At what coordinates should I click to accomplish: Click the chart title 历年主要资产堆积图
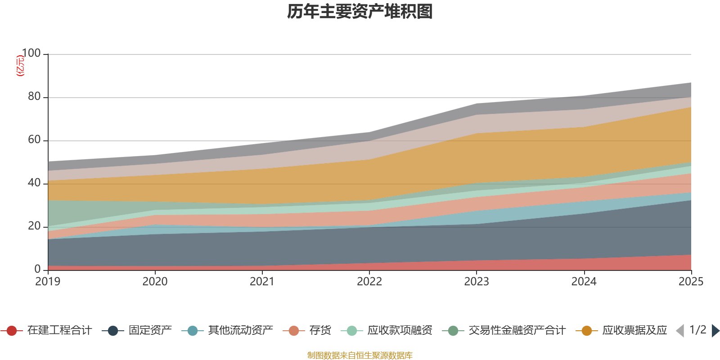tap(360, 12)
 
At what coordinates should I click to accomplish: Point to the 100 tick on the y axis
tap(31, 54)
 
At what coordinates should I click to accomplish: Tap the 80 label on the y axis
tap(34, 97)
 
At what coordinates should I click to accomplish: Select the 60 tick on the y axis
tap(34, 140)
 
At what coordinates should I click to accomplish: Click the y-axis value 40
tap(34, 183)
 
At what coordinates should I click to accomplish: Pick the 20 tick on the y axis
tap(34, 226)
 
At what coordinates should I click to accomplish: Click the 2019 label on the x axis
tap(48, 282)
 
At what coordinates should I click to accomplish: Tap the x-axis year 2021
tap(262, 282)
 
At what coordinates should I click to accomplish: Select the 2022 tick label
tap(369, 282)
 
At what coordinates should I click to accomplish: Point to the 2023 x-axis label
tap(477, 282)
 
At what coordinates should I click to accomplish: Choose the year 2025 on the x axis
tap(691, 282)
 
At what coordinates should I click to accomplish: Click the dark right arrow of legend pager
tap(715, 331)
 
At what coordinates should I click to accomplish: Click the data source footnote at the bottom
tap(360, 355)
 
